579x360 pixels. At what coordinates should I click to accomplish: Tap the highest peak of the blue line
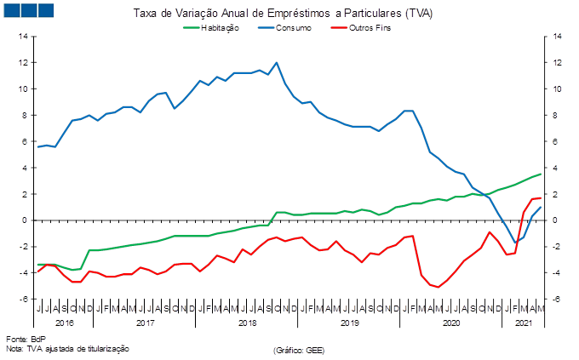tap(276, 62)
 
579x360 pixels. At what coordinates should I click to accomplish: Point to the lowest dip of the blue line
tap(514, 243)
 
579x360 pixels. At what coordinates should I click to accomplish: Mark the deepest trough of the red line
tap(438, 287)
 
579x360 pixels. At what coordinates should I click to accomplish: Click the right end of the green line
tap(540, 174)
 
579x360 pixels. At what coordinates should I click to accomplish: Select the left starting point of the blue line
tap(37, 147)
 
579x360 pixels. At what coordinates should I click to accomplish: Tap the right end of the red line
tap(540, 197)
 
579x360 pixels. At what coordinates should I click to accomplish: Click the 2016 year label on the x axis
tap(65, 324)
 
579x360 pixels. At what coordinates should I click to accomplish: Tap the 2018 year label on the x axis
tap(248, 324)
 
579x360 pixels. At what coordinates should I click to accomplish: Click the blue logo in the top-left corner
tap(28, 10)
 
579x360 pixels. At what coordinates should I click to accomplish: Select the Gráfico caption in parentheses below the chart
tap(299, 349)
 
